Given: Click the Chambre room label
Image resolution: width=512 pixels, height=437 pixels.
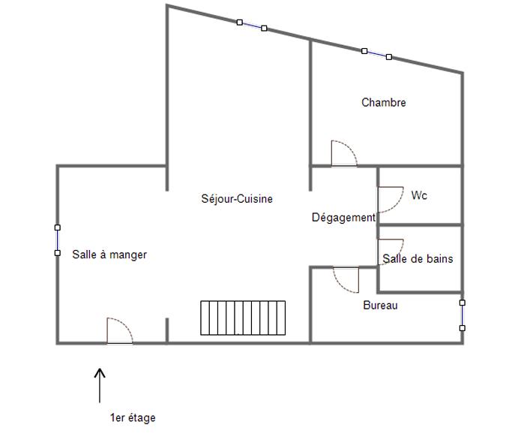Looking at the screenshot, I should click(383, 102).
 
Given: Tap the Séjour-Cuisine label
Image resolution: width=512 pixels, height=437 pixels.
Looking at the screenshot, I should click(237, 199).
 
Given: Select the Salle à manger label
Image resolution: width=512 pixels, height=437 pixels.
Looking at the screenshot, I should click(109, 255).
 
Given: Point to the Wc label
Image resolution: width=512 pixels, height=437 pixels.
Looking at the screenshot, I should click(419, 195).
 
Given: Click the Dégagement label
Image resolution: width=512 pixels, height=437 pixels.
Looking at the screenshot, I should click(343, 218).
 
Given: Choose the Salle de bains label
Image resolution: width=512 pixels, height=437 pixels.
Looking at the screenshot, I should click(418, 259).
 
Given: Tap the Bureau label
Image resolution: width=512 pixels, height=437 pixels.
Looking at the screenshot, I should click(380, 306).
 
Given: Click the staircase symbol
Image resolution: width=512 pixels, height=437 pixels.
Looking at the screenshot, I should click(243, 318).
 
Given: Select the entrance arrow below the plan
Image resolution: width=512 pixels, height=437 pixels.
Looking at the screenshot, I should click(100, 384).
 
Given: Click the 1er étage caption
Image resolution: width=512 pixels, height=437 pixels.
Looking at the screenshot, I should click(133, 417).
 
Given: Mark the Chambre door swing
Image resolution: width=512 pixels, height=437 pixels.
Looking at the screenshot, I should click(344, 153).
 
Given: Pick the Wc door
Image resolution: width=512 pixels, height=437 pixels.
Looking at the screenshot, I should click(390, 199).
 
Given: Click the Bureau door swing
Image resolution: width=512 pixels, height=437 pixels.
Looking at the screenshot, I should click(346, 279).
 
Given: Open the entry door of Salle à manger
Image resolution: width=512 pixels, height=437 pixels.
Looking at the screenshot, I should click(119, 331).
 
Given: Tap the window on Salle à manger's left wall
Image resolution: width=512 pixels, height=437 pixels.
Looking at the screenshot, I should click(58, 240).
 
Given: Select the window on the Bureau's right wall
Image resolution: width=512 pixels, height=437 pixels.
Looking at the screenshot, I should click(463, 315).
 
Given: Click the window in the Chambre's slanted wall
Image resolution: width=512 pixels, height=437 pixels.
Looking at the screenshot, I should click(376, 54).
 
